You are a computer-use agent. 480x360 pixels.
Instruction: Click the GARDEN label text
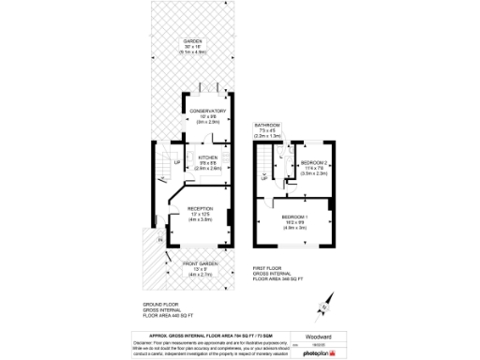[192, 42]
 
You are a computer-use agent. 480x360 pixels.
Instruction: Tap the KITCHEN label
[207, 157]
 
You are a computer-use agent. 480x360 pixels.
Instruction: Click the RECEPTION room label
[201, 209]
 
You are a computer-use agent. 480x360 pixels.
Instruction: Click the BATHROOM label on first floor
[267, 125]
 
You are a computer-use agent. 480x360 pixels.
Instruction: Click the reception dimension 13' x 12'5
[201, 215]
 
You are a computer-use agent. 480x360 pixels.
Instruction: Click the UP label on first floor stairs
[264, 174]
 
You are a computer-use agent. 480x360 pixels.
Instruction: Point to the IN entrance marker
[159, 239]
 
